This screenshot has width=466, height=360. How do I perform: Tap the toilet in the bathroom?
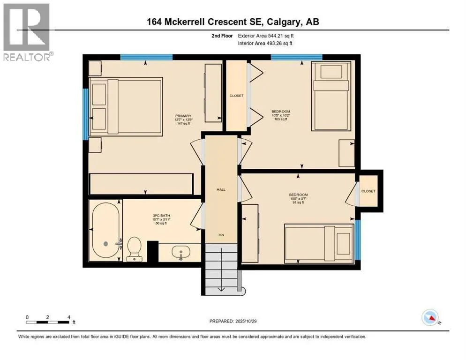pos(135,247)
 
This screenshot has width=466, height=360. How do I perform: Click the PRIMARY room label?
pos(183,116)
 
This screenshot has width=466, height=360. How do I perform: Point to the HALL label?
pos(221,189)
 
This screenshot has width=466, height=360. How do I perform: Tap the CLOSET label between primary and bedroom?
pos(236,96)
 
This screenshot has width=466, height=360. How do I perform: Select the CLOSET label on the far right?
pos(368,191)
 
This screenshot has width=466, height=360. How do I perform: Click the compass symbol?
pos(430,317)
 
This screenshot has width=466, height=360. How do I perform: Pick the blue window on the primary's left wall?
pos(85,114)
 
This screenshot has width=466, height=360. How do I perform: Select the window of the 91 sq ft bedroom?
pos(358,240)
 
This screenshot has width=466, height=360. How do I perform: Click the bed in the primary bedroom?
pos(126,107)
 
